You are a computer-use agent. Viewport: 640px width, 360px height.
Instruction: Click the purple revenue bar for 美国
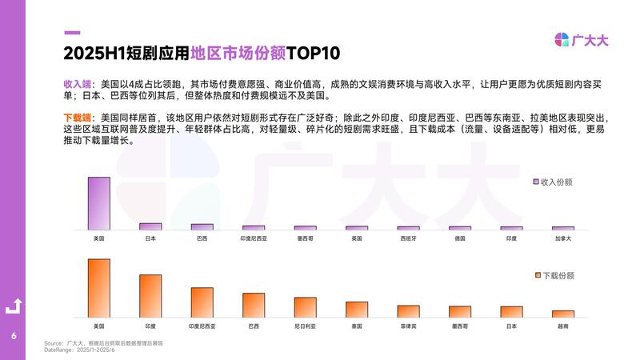point(98,203)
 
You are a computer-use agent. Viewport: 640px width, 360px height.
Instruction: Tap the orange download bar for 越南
point(562,314)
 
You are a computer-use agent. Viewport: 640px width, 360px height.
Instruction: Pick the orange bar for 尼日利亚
point(305,307)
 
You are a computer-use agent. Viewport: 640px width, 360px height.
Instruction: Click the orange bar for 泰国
point(356,310)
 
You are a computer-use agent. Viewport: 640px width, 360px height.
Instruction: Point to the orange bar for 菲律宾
point(408,311)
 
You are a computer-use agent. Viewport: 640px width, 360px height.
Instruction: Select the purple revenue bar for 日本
point(150,226)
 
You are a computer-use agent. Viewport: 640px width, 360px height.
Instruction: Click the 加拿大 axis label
point(562,238)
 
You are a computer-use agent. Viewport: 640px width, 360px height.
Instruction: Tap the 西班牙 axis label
point(408,238)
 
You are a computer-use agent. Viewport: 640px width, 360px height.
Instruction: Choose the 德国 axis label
point(459,238)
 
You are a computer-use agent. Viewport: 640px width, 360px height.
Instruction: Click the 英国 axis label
point(356,238)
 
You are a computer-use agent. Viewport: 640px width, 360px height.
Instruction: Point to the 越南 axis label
point(562,326)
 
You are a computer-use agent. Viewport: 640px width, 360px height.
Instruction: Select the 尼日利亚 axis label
point(305,326)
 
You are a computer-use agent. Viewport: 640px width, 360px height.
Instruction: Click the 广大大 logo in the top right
point(582,40)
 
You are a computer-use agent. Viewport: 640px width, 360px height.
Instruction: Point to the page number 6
point(14,335)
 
